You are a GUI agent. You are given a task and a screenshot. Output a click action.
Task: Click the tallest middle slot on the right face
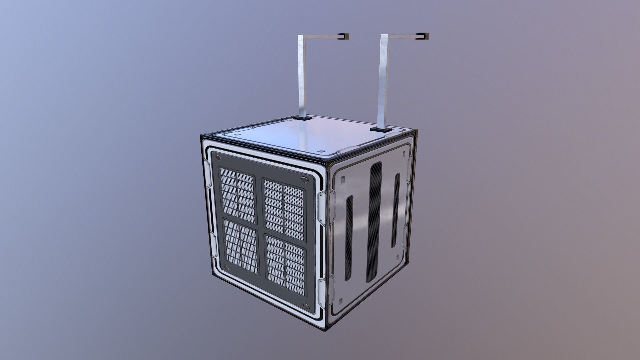[x=374, y=223]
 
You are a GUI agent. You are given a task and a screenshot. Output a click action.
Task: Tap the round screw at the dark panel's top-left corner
[x=218, y=157]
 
